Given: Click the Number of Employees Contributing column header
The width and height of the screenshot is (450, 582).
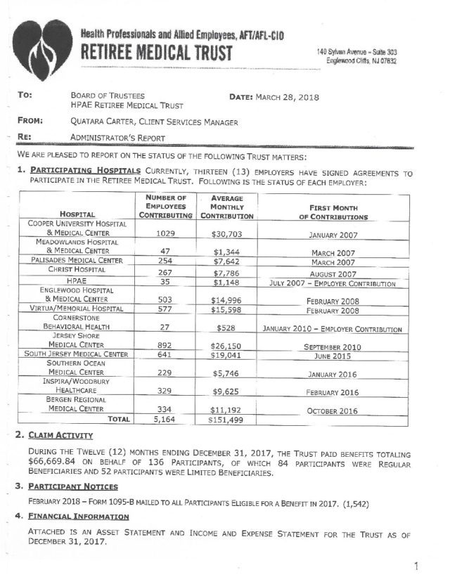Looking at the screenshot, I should point(161,207).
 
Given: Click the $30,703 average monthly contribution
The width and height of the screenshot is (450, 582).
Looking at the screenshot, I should point(226,231).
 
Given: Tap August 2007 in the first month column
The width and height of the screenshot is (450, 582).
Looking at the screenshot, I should point(333,273).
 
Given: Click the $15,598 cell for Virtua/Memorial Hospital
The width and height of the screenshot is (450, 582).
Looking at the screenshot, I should point(226,309).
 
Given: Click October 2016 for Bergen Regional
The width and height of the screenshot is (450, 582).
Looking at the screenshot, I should point(333,410).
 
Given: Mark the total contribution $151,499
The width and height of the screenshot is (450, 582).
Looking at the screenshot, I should point(226,420).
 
